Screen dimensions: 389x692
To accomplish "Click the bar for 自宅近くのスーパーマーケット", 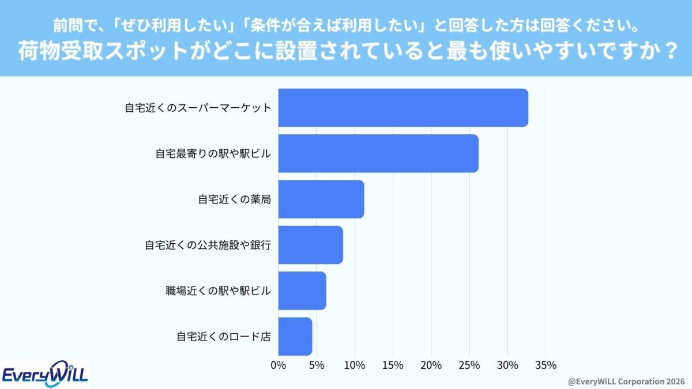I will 403,108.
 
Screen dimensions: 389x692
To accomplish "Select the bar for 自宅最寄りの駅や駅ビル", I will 378,153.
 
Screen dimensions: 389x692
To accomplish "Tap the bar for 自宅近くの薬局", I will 321,199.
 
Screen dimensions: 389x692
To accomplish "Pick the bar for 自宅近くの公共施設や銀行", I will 310,245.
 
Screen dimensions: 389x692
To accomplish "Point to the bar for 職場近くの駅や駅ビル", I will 302,291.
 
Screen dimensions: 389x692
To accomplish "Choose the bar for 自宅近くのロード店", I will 295,337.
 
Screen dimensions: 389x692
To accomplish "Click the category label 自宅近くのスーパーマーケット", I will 198,108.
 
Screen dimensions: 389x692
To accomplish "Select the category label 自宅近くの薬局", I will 234,199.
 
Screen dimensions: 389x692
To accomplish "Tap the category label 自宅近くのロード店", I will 223,337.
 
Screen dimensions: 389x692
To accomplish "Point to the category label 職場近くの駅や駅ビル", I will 218,291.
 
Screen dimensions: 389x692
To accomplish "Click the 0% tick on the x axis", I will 278,365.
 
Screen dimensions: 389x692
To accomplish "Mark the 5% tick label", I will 316,365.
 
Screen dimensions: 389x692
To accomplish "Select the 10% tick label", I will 354,365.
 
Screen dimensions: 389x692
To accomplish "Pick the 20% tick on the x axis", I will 431,365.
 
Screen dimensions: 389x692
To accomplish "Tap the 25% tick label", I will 469,365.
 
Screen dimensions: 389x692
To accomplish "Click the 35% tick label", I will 546,365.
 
